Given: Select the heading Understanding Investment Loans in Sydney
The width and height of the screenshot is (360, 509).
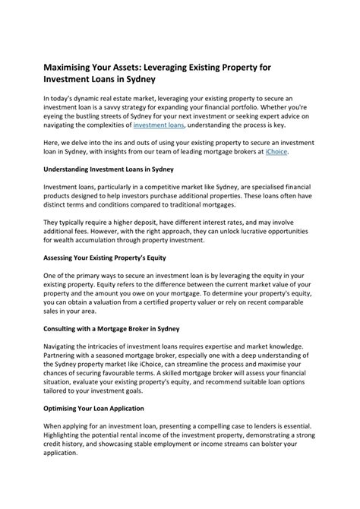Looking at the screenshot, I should point(109,169).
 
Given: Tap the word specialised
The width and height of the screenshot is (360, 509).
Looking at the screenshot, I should point(265,188).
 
